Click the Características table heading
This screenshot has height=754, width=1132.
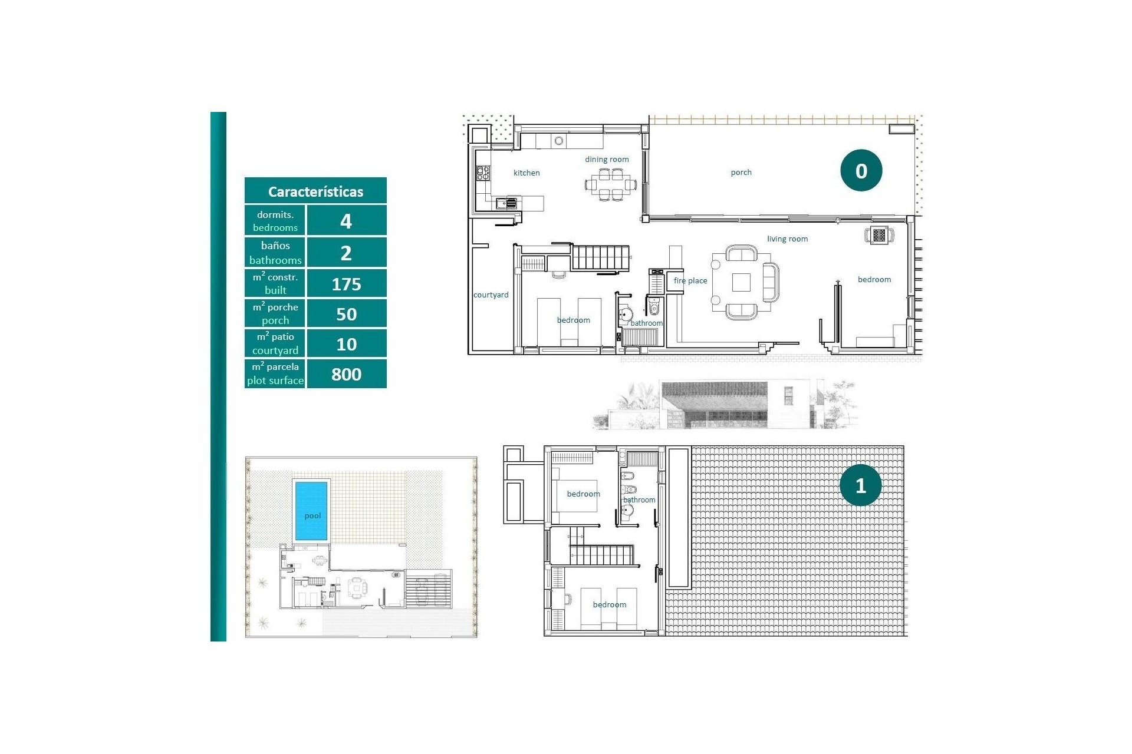[x=315, y=191]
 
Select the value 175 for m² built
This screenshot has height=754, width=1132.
[x=346, y=284]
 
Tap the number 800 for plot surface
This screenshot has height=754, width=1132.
[x=346, y=374]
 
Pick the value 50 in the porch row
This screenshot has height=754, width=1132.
[x=346, y=314]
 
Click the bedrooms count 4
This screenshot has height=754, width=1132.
[x=346, y=221]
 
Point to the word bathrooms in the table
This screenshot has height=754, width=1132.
[x=275, y=260]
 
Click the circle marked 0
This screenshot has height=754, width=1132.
[x=861, y=170]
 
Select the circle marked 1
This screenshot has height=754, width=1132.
[x=860, y=485]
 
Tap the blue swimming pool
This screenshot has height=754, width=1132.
[x=311, y=510]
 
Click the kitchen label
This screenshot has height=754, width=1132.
[x=526, y=173]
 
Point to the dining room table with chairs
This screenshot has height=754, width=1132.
[x=611, y=184]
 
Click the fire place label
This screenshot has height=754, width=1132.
[x=690, y=280]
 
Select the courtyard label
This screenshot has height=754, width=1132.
[x=491, y=295]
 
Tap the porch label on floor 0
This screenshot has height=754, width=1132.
[x=741, y=172]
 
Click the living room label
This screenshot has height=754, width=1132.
[x=787, y=239]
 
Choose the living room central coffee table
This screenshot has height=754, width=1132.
[x=741, y=283]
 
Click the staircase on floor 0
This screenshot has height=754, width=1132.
[x=600, y=257]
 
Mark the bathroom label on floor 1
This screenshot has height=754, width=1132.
[x=639, y=500]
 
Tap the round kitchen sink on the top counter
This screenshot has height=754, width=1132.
[x=559, y=141]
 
